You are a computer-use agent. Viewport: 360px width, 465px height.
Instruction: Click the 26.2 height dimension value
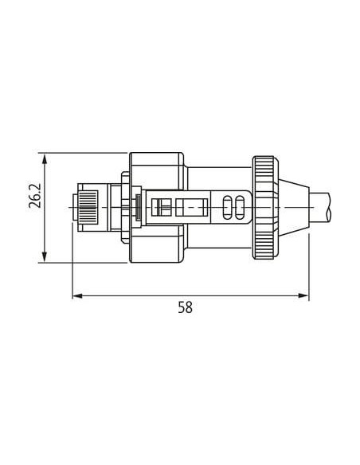coord(35,196)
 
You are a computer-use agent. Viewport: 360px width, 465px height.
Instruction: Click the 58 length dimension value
coord(186,307)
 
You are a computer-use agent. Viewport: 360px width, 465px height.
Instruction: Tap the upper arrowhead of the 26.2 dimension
coord(45,158)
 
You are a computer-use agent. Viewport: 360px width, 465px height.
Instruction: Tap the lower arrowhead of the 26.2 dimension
coord(45,257)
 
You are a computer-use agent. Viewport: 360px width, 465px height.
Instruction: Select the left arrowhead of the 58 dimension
coord(78,295)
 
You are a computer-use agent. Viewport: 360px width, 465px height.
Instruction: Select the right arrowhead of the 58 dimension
coord(303,295)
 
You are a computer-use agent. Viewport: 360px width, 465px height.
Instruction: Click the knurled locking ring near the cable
coord(265,208)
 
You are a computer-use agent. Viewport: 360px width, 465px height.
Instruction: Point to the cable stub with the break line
coord(320,207)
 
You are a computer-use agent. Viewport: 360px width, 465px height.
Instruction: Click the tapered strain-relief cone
coord(294,208)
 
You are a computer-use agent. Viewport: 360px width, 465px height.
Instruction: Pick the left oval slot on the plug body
coord(227,208)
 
